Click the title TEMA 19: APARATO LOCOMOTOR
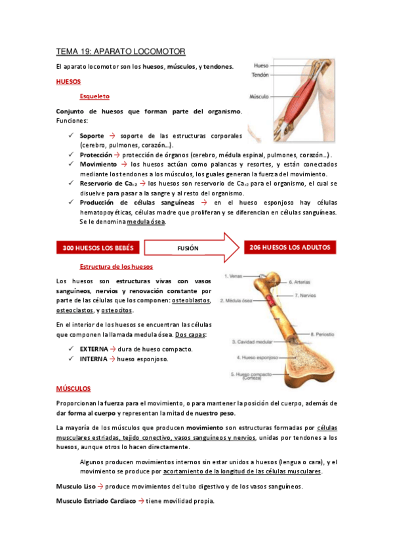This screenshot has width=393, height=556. click(121, 51)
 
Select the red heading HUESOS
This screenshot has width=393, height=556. click(68, 83)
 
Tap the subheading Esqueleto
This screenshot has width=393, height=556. click(94, 96)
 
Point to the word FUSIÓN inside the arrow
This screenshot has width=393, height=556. click(188, 248)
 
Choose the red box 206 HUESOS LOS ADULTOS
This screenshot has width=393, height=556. click(289, 247)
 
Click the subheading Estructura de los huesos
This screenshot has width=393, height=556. click(116, 267)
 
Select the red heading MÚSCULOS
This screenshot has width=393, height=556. click(73, 389)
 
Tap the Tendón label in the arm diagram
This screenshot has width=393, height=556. click(260, 75)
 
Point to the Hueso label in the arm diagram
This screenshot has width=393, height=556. click(261, 66)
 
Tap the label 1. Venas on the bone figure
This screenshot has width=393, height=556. click(235, 277)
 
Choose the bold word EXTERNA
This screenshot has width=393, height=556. click(93, 349)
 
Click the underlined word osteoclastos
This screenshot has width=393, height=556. click(74, 310)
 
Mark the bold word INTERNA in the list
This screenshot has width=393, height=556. click(93, 359)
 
